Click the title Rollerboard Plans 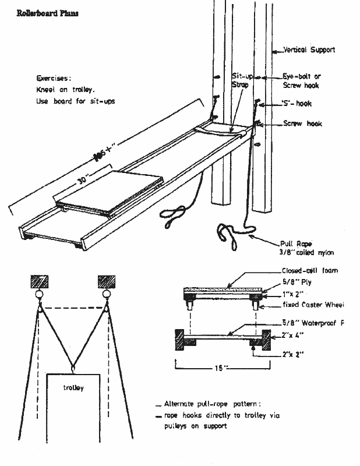coord(44,12)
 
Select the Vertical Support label coord(309,50)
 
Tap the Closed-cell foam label coord(309,271)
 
